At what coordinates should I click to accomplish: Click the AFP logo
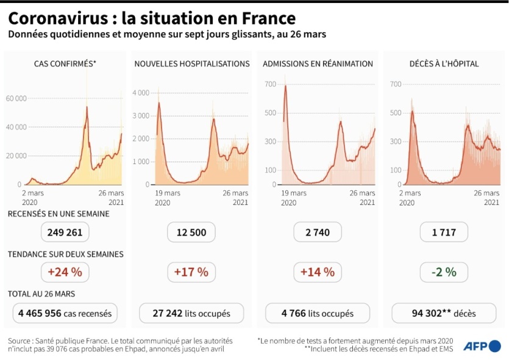pos(481,346)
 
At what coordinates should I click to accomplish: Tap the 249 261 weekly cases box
pos(65,232)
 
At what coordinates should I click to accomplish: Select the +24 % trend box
pos(65,272)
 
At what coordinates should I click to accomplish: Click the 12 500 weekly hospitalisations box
pos(191,232)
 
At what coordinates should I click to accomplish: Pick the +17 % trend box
pos(191,272)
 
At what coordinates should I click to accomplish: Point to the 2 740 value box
pos(317,232)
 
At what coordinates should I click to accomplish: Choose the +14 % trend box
pos(317,272)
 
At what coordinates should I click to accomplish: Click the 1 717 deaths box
pos(444,232)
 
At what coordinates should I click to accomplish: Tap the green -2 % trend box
pos(444,272)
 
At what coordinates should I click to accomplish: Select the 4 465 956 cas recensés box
pos(65,314)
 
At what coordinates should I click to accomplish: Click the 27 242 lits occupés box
pos(191,314)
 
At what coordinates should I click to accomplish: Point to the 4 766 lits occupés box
pos(317,314)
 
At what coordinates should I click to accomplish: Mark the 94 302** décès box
pos(444,314)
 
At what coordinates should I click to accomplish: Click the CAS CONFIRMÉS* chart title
pos(65,63)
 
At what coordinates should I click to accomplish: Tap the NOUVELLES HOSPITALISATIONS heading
pos(191,63)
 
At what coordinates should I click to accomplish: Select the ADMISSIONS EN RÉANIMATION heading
pos(318,63)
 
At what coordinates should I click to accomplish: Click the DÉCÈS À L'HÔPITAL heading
pos(444,63)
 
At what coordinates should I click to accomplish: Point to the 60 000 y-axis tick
pos(16,98)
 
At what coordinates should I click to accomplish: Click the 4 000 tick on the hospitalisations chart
pos(141,93)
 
